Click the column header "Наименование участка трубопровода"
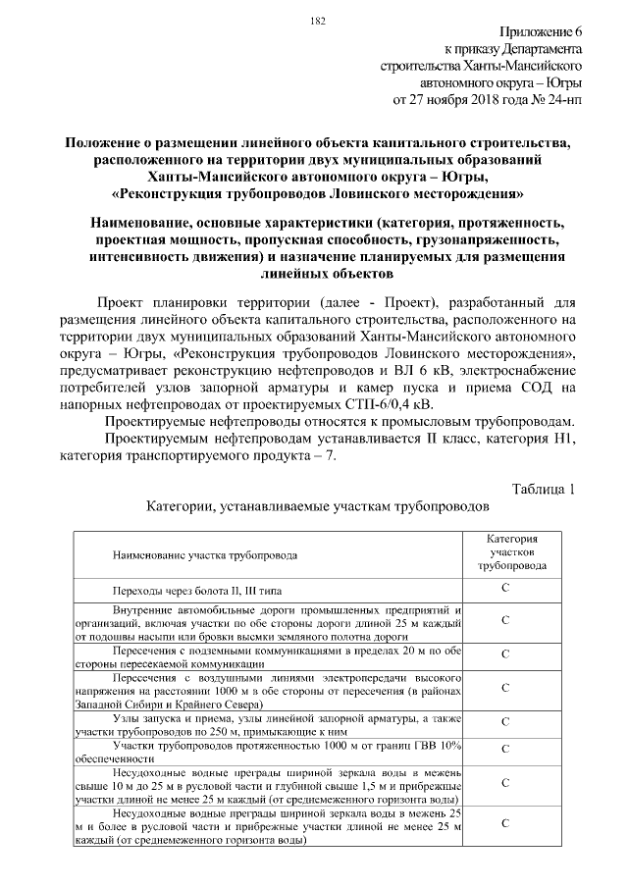206,555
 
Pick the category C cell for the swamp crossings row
504,589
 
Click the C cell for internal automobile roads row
504,621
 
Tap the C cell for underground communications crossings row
504,653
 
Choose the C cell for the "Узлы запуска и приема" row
504,722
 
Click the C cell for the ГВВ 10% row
504,750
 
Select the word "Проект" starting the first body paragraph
130,301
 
